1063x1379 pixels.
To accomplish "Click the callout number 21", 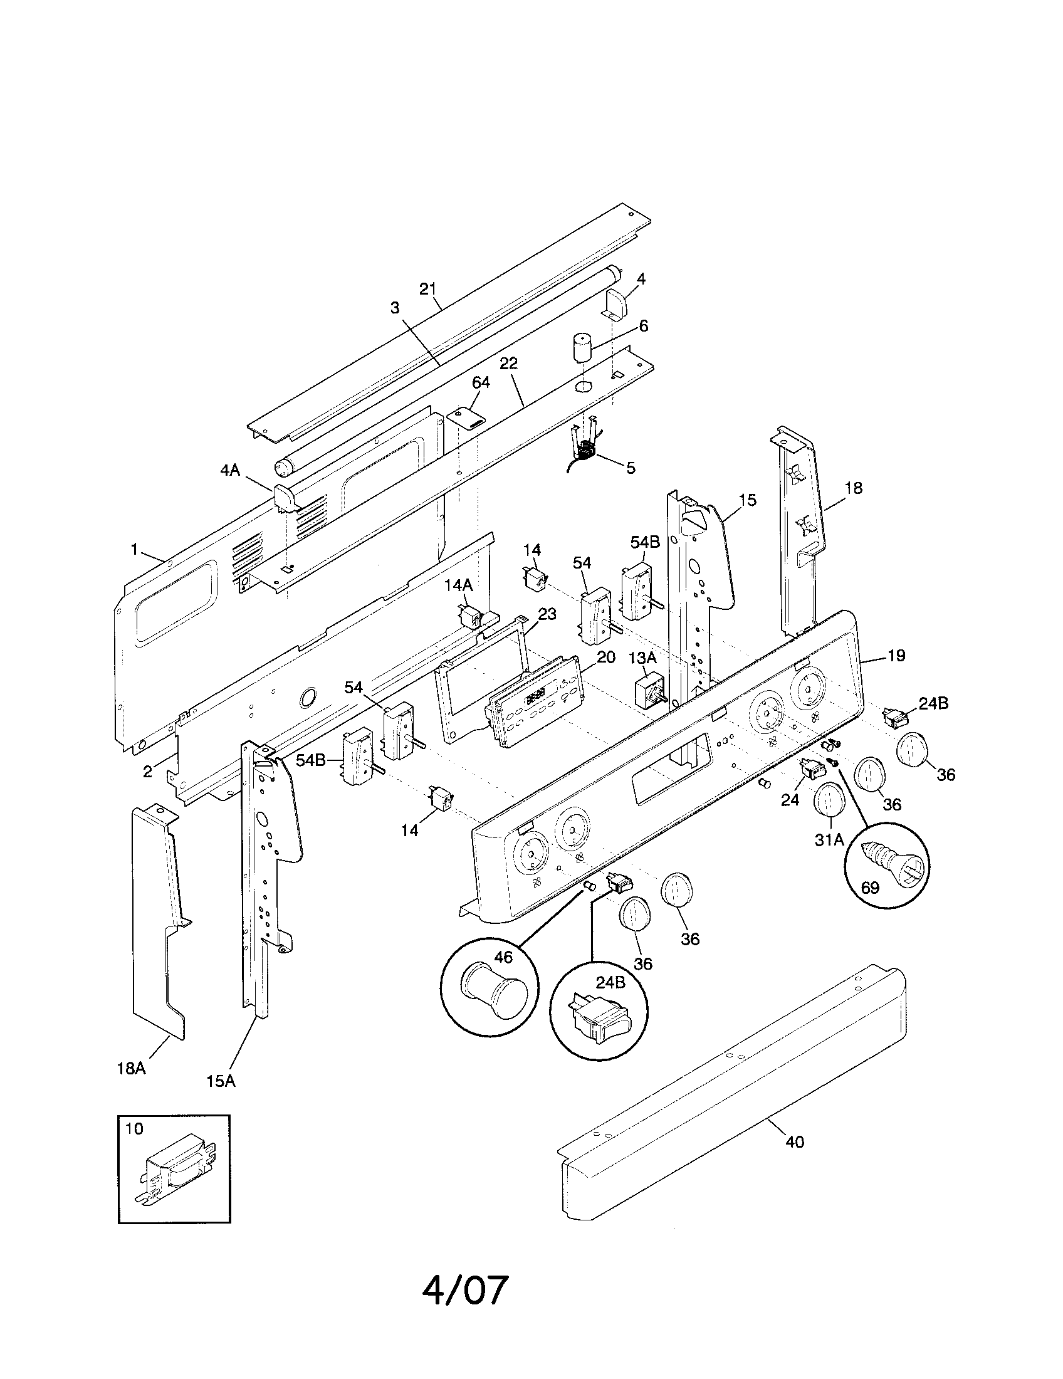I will tap(428, 289).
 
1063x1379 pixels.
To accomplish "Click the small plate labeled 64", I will tap(466, 417).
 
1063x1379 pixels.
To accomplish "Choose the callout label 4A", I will tap(230, 470).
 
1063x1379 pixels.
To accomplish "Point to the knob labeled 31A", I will tap(829, 800).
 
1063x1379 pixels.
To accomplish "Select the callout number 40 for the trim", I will tap(795, 1141).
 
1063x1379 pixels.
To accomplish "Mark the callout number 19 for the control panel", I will tap(896, 656).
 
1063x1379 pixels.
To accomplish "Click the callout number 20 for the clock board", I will tap(605, 658).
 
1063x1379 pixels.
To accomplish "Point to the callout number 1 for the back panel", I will tap(134, 549).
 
